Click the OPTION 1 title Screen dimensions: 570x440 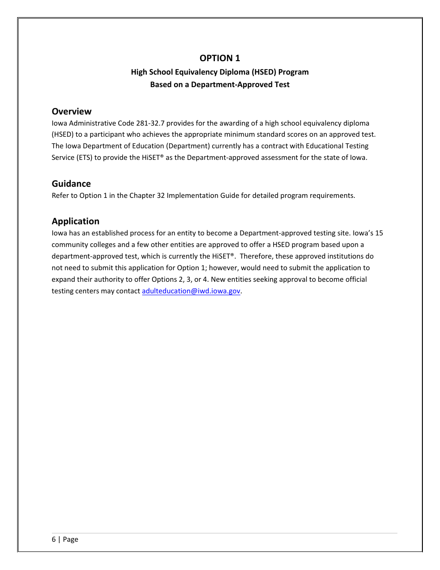(x=220, y=58)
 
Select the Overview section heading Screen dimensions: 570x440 (x=71, y=111)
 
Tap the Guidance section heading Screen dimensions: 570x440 (x=71, y=184)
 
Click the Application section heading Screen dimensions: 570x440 (x=75, y=221)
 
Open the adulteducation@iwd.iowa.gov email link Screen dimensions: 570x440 (x=191, y=291)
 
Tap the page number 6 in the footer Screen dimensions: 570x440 (x=54, y=539)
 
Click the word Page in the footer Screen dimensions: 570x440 (x=70, y=539)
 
